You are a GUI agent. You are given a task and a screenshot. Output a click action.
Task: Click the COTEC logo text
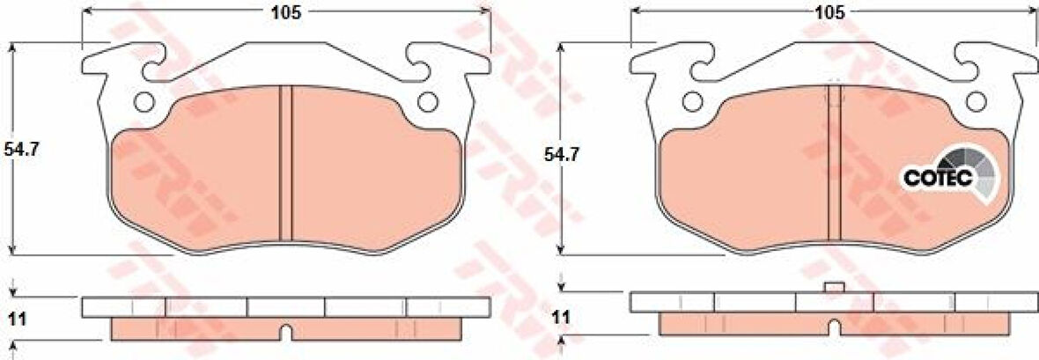coord(937,178)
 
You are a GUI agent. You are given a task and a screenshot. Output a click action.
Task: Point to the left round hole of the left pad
coord(144,102)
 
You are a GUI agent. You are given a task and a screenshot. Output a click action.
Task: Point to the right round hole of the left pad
coord(427,102)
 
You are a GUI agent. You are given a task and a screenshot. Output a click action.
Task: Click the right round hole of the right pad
coord(976,102)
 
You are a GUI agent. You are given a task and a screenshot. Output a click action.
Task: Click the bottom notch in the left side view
coord(284,333)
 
